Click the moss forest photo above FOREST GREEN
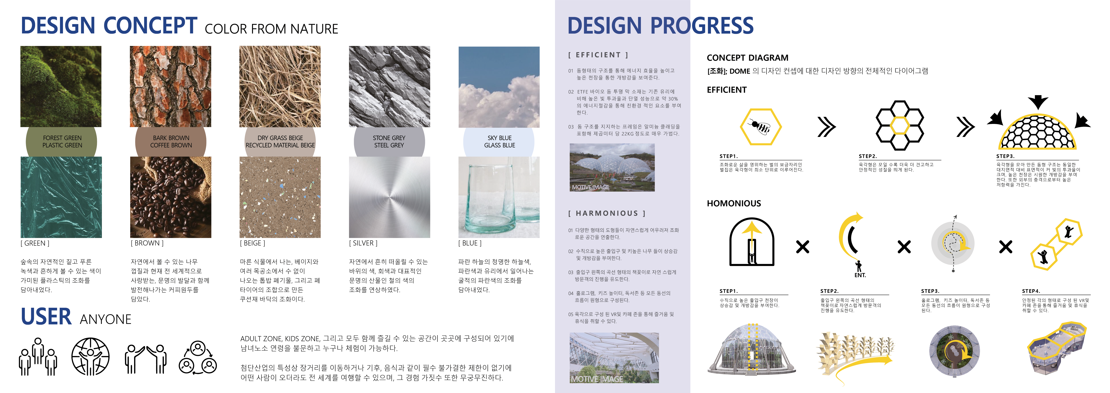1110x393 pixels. coord(61,86)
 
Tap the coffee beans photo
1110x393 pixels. coord(171,197)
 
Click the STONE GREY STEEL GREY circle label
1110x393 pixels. coord(389,142)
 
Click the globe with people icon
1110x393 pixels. coord(90,357)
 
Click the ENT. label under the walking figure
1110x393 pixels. coord(860,275)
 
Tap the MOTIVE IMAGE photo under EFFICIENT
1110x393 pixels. coord(612,167)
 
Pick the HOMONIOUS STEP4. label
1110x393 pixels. coord(1031,291)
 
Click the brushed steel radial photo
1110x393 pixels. coord(389,197)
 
